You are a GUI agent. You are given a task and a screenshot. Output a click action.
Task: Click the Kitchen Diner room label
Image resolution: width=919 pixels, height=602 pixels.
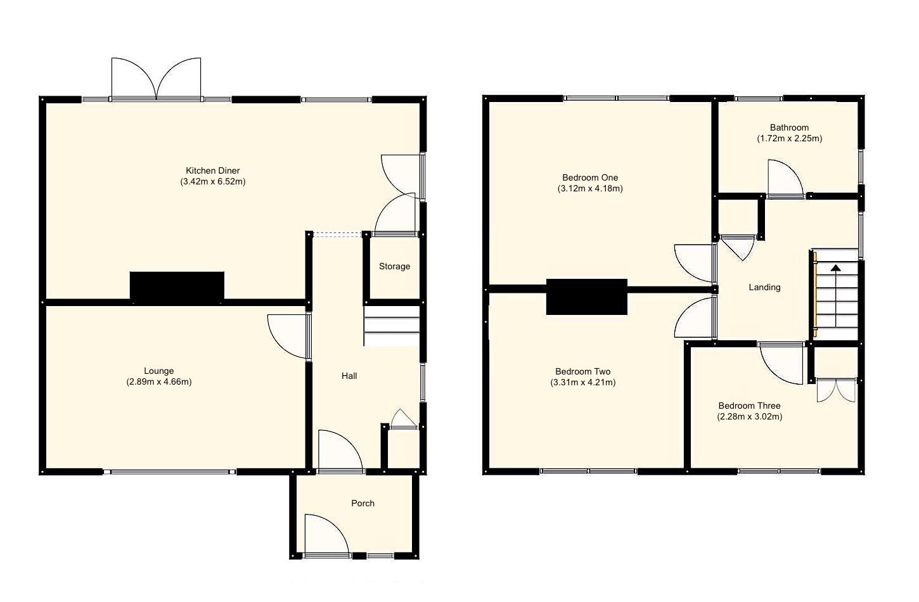212,170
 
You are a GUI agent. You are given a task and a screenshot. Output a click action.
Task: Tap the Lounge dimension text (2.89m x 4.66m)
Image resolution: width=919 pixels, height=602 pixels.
158,382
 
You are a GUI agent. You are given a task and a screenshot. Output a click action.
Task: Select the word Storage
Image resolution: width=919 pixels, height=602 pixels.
394,266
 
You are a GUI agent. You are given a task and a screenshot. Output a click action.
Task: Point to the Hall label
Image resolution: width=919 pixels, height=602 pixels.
349,376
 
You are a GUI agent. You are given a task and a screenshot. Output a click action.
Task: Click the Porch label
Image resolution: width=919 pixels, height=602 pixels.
363,503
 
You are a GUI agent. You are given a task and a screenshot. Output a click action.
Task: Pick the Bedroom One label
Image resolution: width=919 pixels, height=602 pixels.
590,177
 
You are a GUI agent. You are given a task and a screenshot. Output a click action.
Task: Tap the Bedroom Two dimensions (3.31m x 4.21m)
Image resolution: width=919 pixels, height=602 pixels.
583,382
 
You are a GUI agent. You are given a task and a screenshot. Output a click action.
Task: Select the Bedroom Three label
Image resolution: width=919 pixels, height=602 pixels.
749,406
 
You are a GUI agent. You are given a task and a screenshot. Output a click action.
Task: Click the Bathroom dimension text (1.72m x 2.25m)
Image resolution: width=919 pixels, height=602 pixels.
789,138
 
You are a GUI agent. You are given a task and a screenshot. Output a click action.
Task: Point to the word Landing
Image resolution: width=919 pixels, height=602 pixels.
764,287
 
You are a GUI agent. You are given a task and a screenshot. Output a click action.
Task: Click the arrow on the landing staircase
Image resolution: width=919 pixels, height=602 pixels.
835,269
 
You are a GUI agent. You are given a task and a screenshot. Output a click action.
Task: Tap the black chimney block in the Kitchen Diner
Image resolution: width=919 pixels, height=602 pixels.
177,286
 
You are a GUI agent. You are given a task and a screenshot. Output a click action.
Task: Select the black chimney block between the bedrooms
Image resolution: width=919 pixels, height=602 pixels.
587,297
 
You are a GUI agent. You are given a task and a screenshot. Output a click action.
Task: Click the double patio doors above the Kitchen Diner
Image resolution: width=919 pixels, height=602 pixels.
157,79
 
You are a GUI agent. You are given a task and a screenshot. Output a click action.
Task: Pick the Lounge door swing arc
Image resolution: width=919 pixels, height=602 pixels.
286,335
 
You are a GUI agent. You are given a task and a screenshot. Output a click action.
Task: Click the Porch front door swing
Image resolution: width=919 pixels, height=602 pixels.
325,535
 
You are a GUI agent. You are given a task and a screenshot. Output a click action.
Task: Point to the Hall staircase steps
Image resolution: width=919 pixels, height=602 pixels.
392,326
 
